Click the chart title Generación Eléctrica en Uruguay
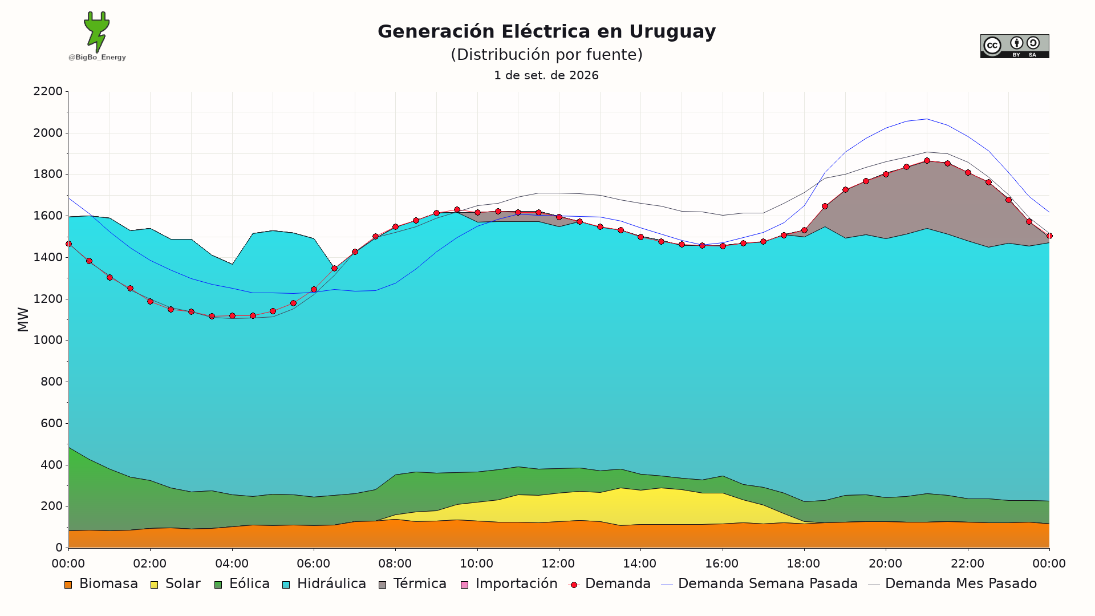[x=546, y=31]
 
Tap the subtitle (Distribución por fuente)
[x=546, y=55]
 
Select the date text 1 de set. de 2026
[x=546, y=75]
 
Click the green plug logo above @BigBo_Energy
[x=96, y=32]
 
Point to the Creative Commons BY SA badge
[x=1015, y=46]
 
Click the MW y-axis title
[x=23, y=319]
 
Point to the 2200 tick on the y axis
[x=48, y=91]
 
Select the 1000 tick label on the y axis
[x=48, y=340]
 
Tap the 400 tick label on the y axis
[x=51, y=465]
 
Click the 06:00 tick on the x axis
[x=313, y=564]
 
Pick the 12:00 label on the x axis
[x=558, y=564]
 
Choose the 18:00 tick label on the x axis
[x=804, y=564]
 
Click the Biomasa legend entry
[x=101, y=584]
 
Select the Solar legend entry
[x=175, y=584]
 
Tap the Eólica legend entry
[x=242, y=584]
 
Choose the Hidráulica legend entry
[x=324, y=584]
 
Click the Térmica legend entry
[x=412, y=584]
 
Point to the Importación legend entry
[x=509, y=584]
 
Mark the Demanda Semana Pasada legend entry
[x=759, y=584]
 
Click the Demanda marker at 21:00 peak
[x=927, y=161]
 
